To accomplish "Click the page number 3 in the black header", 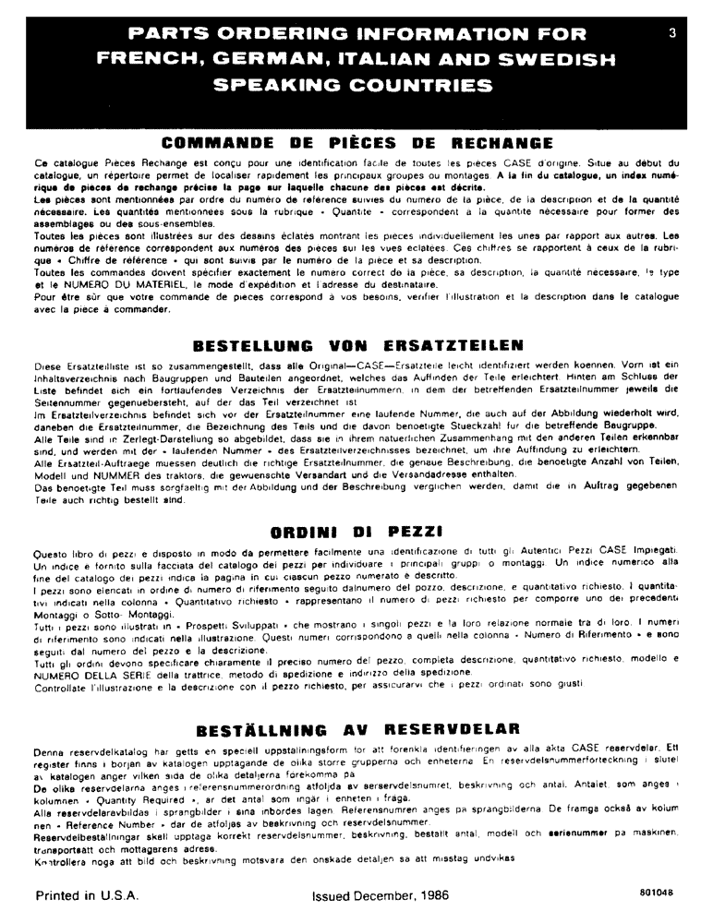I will click(673, 33).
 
